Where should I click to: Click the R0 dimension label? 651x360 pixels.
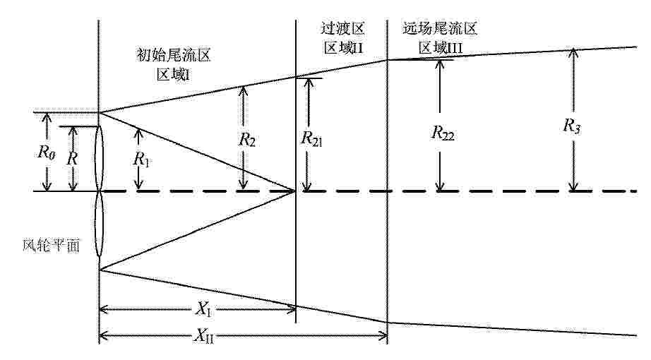pyautogui.click(x=46, y=152)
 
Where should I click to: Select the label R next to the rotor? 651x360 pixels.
pyautogui.click(x=72, y=158)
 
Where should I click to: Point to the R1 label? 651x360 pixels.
pyautogui.click(x=141, y=159)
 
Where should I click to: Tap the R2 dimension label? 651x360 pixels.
pyautogui.click(x=247, y=140)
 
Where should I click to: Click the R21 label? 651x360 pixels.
pyautogui.click(x=311, y=138)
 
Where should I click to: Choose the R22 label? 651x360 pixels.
pyautogui.click(x=443, y=133)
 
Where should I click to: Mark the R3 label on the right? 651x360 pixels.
pyautogui.click(x=571, y=126)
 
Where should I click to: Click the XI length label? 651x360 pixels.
pyautogui.click(x=203, y=309)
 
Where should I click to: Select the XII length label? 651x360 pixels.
pyautogui.click(x=204, y=335)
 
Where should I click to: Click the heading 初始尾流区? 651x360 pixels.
pyautogui.click(x=174, y=55)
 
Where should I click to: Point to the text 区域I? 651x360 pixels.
pyautogui.click(x=174, y=74)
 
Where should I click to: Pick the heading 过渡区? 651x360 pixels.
pyautogui.click(x=342, y=28)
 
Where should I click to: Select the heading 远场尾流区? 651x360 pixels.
pyautogui.click(x=440, y=28)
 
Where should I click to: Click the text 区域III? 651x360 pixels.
pyautogui.click(x=440, y=48)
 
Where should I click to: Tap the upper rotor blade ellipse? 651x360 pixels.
pyautogui.click(x=100, y=159)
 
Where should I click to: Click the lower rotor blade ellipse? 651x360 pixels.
pyautogui.click(x=100, y=225)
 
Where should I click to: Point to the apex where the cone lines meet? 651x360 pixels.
pyautogui.click(x=295, y=191)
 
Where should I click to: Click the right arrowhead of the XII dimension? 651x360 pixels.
pyautogui.click(x=383, y=335)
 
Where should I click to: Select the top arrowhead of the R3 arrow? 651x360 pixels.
pyautogui.click(x=573, y=53)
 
